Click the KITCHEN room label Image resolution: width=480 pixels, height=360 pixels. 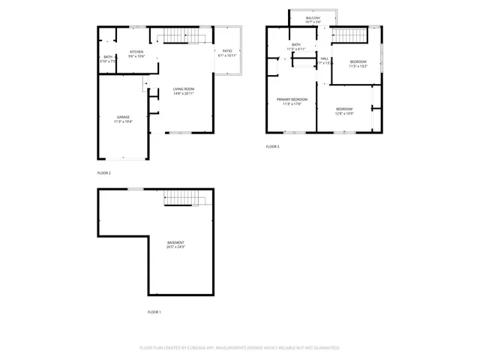pos(136,52)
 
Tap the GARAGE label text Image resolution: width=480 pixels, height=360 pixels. pos(122,117)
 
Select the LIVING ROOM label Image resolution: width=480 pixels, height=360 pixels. pos(184,88)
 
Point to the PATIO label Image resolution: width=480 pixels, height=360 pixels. pos(226,51)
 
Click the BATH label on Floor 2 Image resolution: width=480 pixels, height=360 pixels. pos(108,57)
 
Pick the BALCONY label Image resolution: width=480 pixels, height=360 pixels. pos(313,16)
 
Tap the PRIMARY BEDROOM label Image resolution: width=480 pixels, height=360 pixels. pos(292,99)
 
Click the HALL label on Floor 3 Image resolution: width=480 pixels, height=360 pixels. pos(325,58)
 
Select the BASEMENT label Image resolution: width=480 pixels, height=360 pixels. pos(175,242)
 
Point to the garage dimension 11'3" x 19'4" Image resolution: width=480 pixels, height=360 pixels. pos(122,121)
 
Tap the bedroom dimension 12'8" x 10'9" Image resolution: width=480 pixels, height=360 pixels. pos(344,113)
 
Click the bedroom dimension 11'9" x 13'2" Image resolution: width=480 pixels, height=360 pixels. pos(358,66)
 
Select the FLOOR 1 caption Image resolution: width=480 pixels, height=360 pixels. pos(154,311)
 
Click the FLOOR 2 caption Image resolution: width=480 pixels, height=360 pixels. pos(103,173)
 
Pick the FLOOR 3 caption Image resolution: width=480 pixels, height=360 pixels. pos(272,146)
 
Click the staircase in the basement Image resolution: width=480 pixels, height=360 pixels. pos(184,197)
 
